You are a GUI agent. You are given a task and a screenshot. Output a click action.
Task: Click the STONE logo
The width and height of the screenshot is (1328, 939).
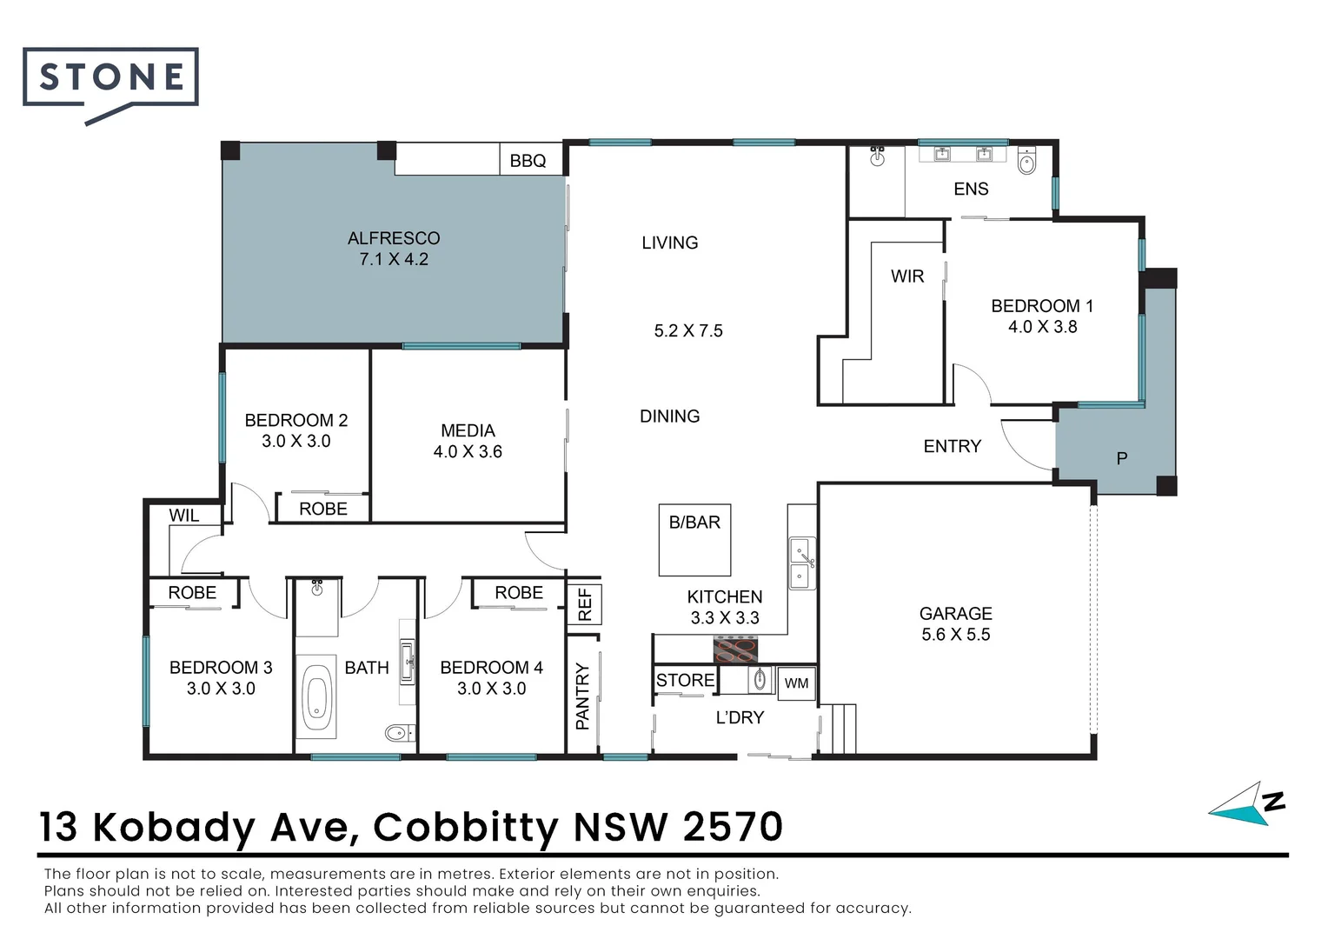point(110,78)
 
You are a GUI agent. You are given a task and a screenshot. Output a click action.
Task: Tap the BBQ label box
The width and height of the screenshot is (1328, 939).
point(528,161)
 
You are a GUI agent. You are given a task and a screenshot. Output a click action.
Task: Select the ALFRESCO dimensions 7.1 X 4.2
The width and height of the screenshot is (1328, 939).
point(394,259)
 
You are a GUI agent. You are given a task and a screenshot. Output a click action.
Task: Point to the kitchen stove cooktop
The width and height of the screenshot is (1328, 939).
point(735,649)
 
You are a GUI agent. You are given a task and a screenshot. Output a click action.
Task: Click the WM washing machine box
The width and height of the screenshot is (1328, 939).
point(796,683)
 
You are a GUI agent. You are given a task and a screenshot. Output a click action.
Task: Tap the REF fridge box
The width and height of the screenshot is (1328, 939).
point(584,604)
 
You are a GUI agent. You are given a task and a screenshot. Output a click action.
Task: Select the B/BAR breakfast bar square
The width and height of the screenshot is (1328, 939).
point(694,540)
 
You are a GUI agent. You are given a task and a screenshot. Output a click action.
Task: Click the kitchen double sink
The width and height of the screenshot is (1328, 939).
point(802,563)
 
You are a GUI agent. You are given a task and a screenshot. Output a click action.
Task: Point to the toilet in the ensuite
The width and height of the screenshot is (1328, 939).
point(1026,161)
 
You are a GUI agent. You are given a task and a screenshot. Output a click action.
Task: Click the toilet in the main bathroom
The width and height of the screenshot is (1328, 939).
point(399,732)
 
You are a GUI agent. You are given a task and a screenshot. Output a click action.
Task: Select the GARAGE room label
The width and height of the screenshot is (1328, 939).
point(955,614)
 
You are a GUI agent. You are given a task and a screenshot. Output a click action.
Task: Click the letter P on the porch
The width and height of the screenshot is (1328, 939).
point(1121,458)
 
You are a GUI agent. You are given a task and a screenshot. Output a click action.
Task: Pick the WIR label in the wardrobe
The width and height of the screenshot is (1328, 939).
point(906,276)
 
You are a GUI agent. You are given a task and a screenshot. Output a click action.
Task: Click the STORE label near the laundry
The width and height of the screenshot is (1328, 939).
point(685,680)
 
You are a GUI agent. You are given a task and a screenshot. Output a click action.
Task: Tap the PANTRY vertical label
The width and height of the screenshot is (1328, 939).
point(582,696)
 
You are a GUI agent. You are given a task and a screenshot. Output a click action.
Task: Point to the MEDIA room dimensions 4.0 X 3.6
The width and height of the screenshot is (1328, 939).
point(468,452)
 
